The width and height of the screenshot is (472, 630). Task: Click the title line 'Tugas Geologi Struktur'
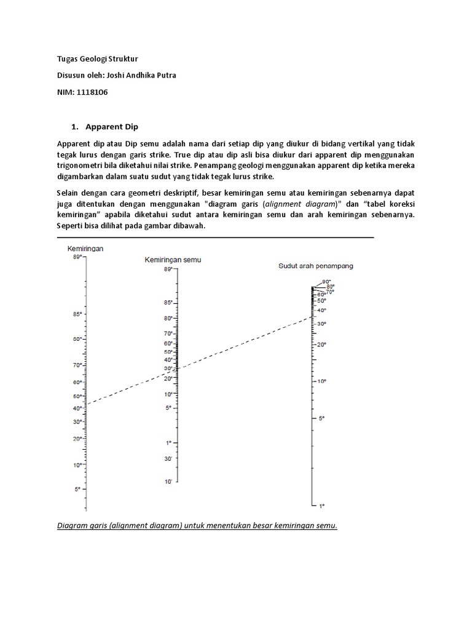point(96,59)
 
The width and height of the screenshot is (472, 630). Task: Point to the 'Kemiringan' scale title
point(85,249)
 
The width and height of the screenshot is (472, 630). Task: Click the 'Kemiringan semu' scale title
point(173,260)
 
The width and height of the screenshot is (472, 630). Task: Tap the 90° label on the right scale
point(326,282)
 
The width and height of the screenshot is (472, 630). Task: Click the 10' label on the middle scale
point(168,482)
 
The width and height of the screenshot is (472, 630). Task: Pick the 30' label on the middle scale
point(168,459)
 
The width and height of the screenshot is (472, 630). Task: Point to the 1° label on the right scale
point(321,506)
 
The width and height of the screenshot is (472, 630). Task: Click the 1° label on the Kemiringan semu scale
point(168,443)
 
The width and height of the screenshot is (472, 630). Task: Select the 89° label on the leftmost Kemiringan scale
point(77,258)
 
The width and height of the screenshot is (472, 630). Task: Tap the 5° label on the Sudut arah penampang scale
point(321,418)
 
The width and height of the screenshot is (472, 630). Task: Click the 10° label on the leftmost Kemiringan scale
point(77,466)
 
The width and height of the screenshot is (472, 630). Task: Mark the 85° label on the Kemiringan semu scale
point(167,303)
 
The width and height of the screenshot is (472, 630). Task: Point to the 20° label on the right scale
point(321,345)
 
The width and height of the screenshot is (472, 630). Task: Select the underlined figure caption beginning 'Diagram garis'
point(197,527)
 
